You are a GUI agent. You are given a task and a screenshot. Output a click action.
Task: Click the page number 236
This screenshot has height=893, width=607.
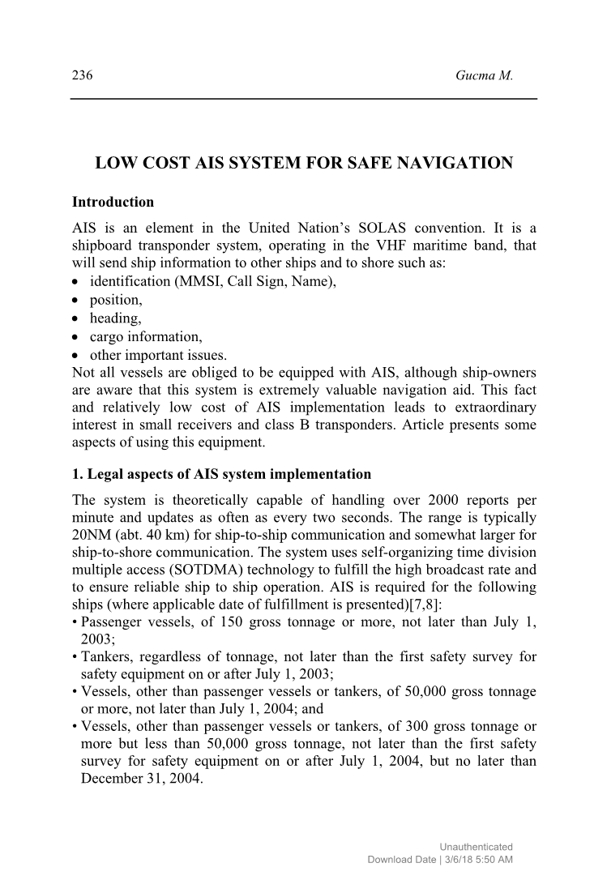[83, 76]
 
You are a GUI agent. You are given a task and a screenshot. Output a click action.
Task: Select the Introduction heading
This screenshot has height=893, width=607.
[113, 202]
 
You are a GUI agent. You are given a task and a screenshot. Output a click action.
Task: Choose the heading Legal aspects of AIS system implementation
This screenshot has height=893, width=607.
[221, 474]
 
